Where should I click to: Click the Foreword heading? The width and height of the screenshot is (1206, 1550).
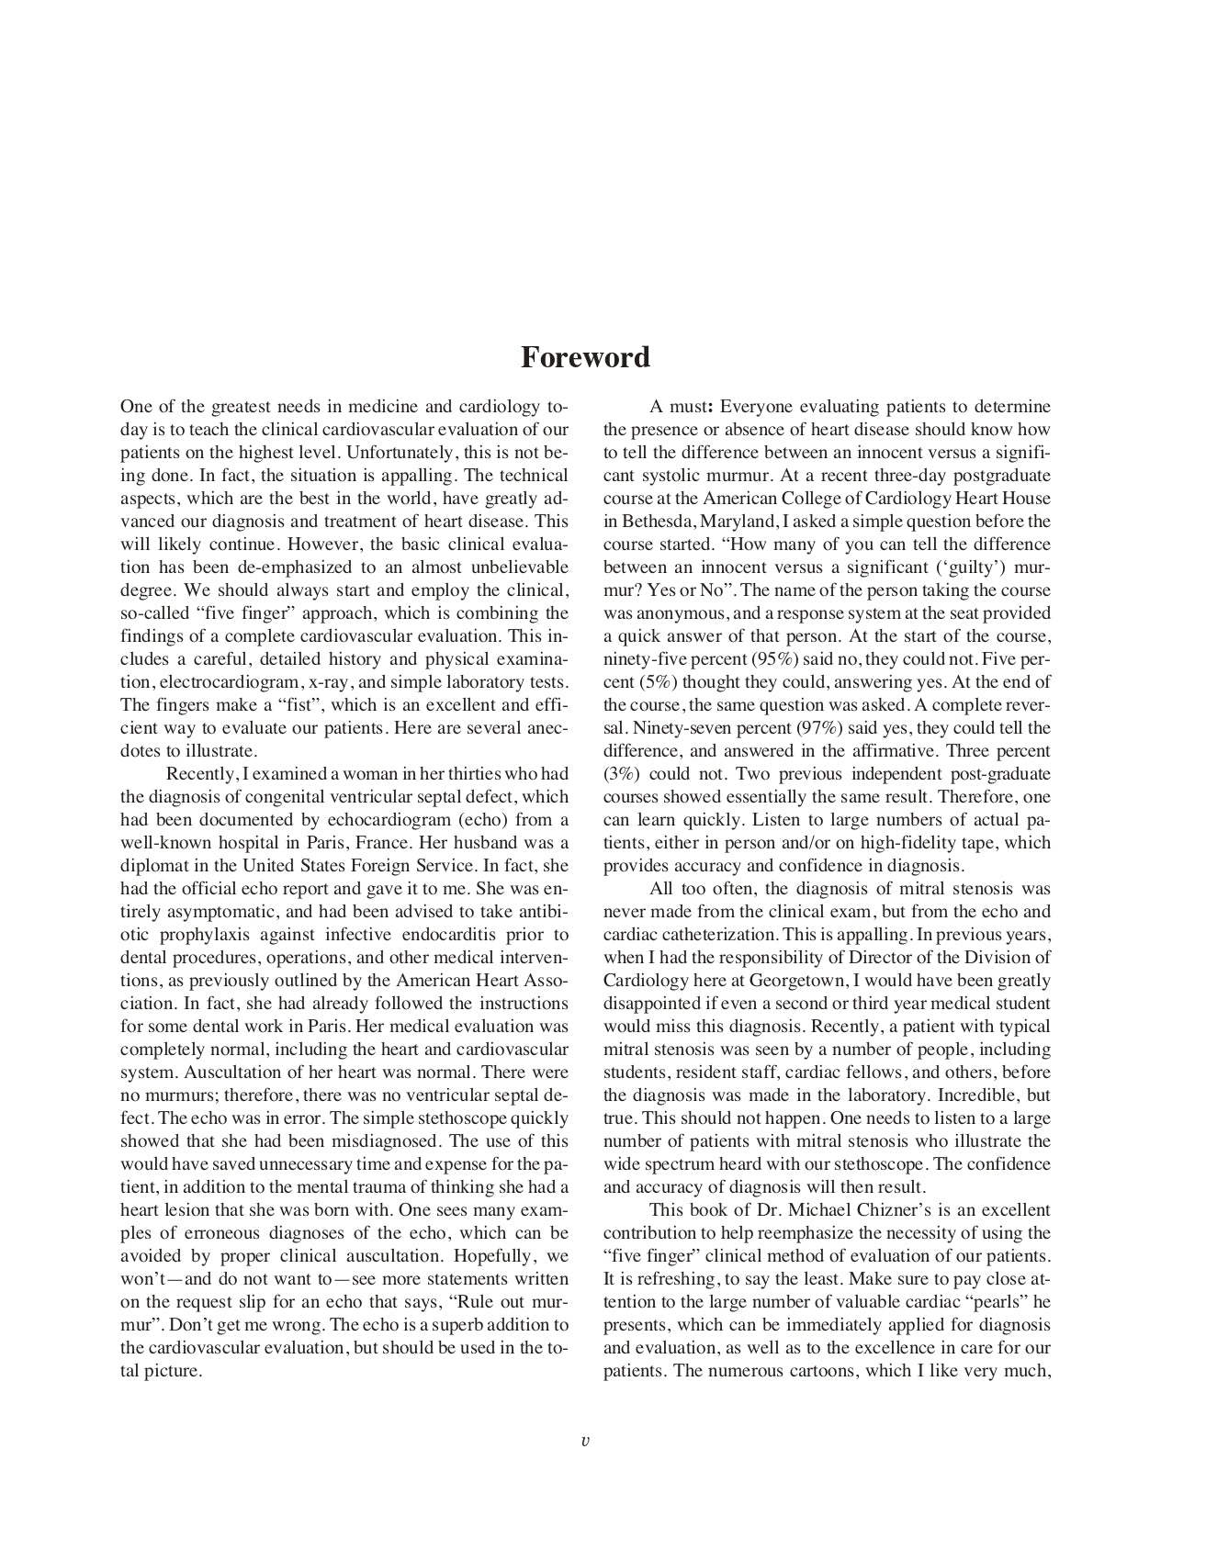[x=585, y=357]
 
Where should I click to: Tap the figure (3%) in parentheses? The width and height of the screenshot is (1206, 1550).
[x=622, y=774]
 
